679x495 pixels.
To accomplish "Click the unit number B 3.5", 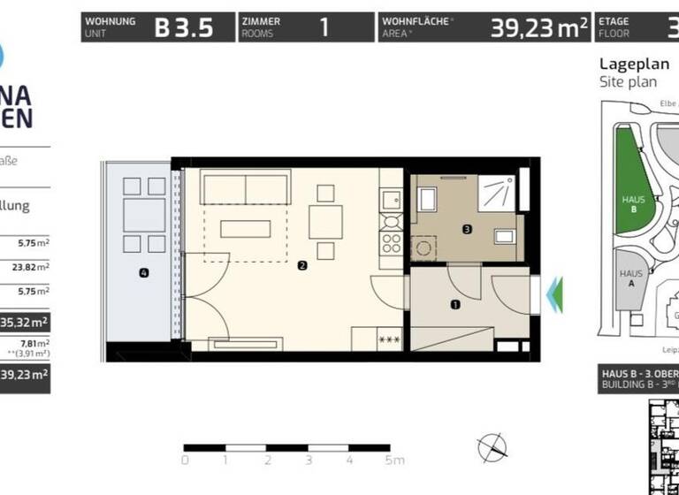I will (184, 27).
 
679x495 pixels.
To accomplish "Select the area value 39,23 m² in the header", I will (539, 27).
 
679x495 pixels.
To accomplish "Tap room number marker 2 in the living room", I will (302, 265).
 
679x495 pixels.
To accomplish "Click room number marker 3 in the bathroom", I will (466, 230).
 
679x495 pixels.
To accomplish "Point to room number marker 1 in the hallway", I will (455, 305).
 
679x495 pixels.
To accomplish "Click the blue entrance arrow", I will (554, 294).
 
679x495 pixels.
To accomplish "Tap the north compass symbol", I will (492, 448).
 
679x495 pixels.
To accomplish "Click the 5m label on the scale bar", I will (394, 461).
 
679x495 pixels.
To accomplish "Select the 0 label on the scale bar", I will (185, 461).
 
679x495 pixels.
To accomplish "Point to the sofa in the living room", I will (245, 188).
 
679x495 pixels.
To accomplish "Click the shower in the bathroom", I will (500, 192).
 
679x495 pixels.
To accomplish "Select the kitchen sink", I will (390, 201).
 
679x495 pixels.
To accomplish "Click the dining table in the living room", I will (325, 221).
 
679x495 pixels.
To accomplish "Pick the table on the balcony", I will (143, 214).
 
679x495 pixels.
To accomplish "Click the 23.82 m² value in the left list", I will (34, 266).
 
